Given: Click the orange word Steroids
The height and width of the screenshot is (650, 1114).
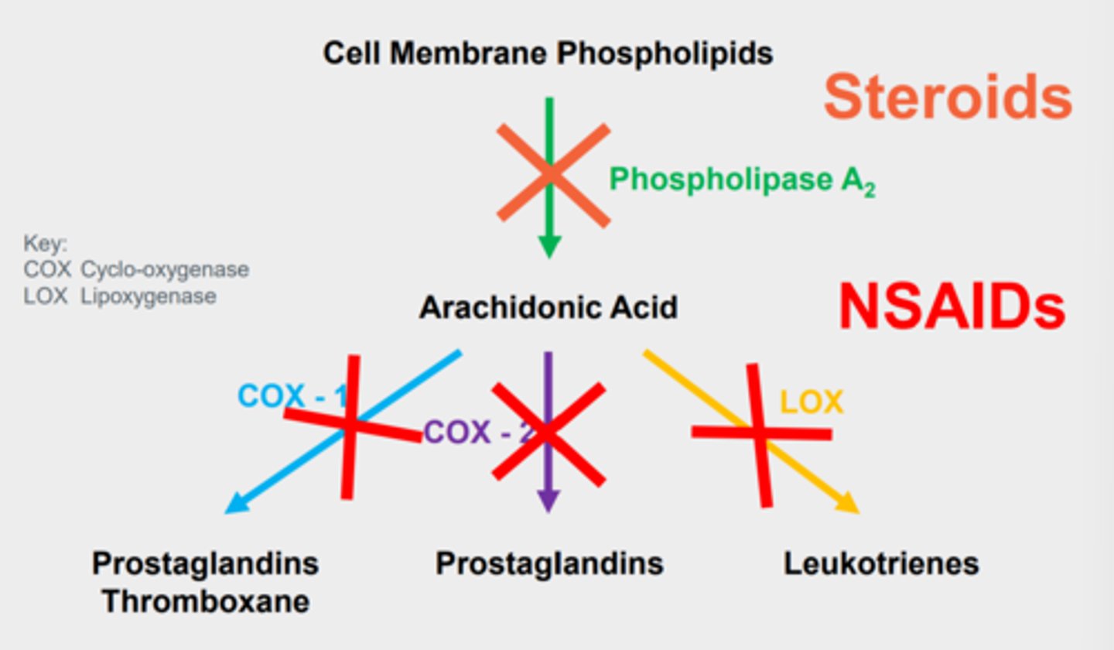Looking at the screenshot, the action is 948,97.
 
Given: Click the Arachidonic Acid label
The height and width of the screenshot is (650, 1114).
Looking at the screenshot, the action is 548,308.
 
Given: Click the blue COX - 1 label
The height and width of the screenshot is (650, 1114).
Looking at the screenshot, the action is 290,396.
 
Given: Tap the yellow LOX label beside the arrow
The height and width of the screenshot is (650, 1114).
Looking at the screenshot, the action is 811,402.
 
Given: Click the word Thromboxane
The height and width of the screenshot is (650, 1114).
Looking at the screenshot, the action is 206,602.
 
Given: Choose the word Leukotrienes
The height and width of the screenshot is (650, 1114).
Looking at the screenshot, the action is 881,563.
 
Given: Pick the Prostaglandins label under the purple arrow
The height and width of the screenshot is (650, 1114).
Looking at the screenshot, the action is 549,563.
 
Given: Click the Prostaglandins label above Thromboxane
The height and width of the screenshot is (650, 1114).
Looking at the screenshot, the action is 206,563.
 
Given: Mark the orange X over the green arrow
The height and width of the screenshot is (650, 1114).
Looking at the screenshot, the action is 552,175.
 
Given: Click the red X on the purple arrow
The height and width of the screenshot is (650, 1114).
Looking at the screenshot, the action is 548,433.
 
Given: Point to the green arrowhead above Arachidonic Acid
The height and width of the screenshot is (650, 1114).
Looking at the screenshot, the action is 549,248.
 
